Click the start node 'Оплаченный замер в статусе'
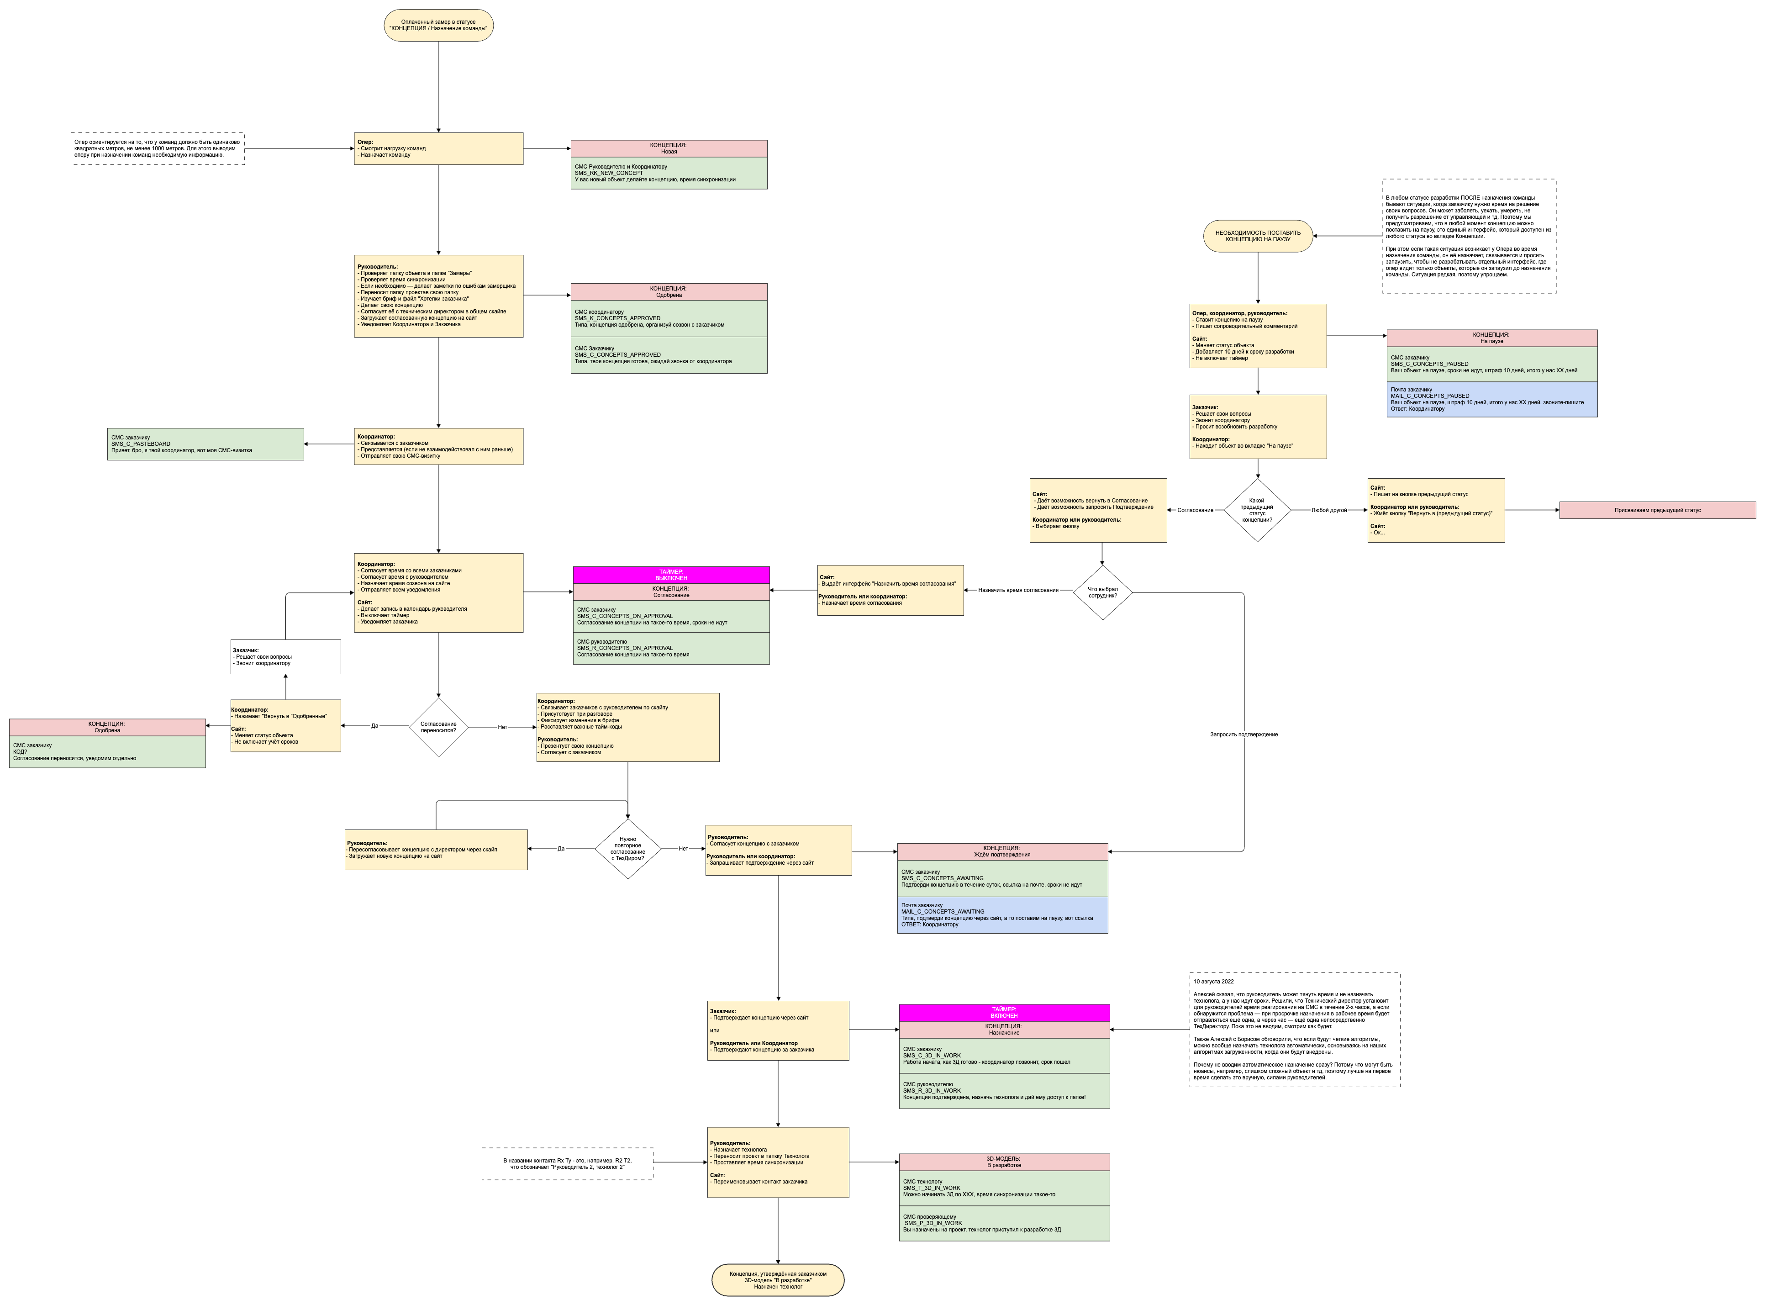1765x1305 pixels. (438, 25)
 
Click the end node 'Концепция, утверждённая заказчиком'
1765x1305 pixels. (778, 1280)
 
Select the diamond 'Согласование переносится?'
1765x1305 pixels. (438, 727)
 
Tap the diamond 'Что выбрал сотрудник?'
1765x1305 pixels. (1102, 592)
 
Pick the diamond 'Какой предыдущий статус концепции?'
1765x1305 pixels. (1257, 510)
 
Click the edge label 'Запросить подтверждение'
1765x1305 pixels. (1244, 734)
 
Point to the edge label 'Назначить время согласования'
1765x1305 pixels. (1018, 590)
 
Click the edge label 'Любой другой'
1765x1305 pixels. (1329, 510)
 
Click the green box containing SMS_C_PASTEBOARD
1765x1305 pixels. (205, 444)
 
